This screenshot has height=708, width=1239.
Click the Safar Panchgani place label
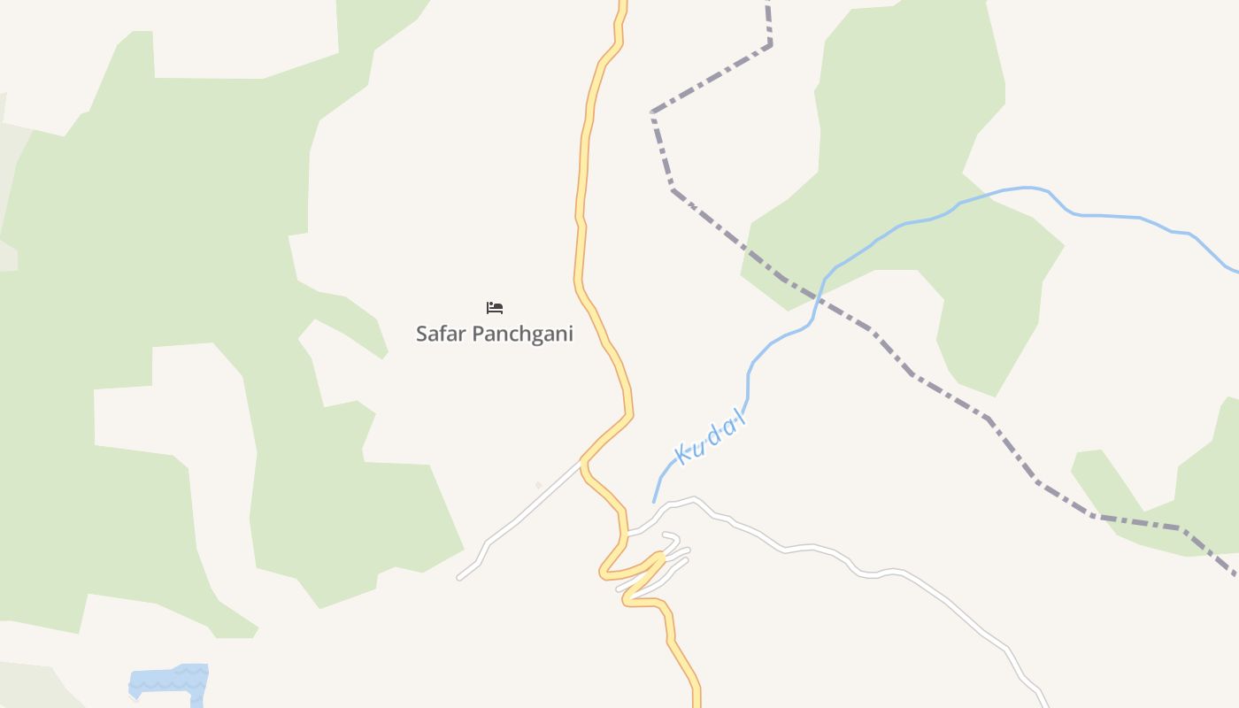(494, 334)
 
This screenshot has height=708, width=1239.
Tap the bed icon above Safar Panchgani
(495, 308)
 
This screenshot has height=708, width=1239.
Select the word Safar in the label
(441, 334)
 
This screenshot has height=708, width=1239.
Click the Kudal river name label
(711, 439)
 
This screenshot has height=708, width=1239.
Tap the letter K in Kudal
(682, 455)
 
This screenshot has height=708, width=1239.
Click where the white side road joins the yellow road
(581, 462)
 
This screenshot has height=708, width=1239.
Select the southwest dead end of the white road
(459, 578)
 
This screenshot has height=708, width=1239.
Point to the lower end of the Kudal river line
(654, 502)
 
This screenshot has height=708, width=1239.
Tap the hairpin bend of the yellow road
(658, 557)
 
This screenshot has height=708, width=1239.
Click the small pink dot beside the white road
(538, 485)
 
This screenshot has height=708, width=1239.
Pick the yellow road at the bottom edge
(696, 702)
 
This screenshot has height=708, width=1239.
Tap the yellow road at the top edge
(622, 4)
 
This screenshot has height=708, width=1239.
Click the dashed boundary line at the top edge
(768, 4)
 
